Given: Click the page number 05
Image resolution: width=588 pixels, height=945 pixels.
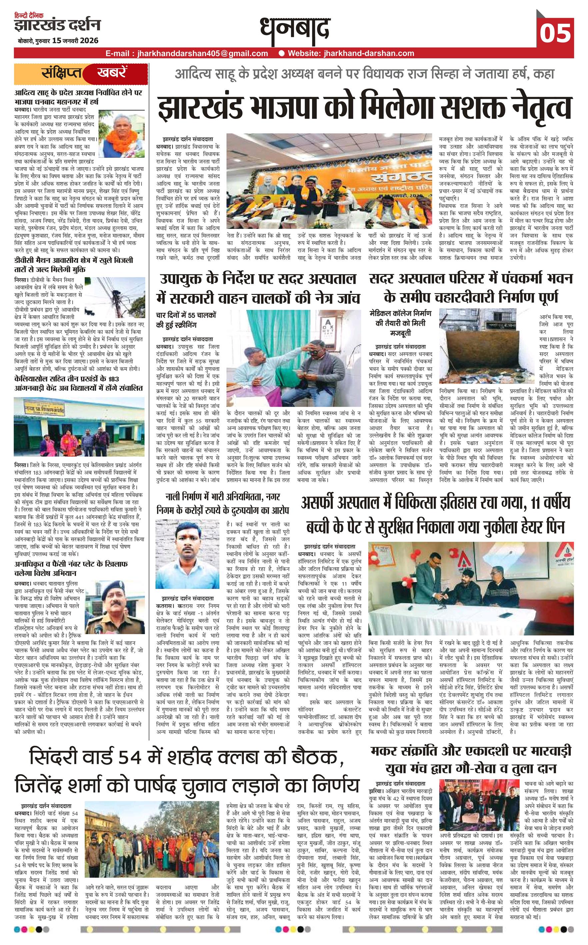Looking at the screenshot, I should (x=555, y=33).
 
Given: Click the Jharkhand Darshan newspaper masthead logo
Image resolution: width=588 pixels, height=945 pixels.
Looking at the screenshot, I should (x=57, y=25).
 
